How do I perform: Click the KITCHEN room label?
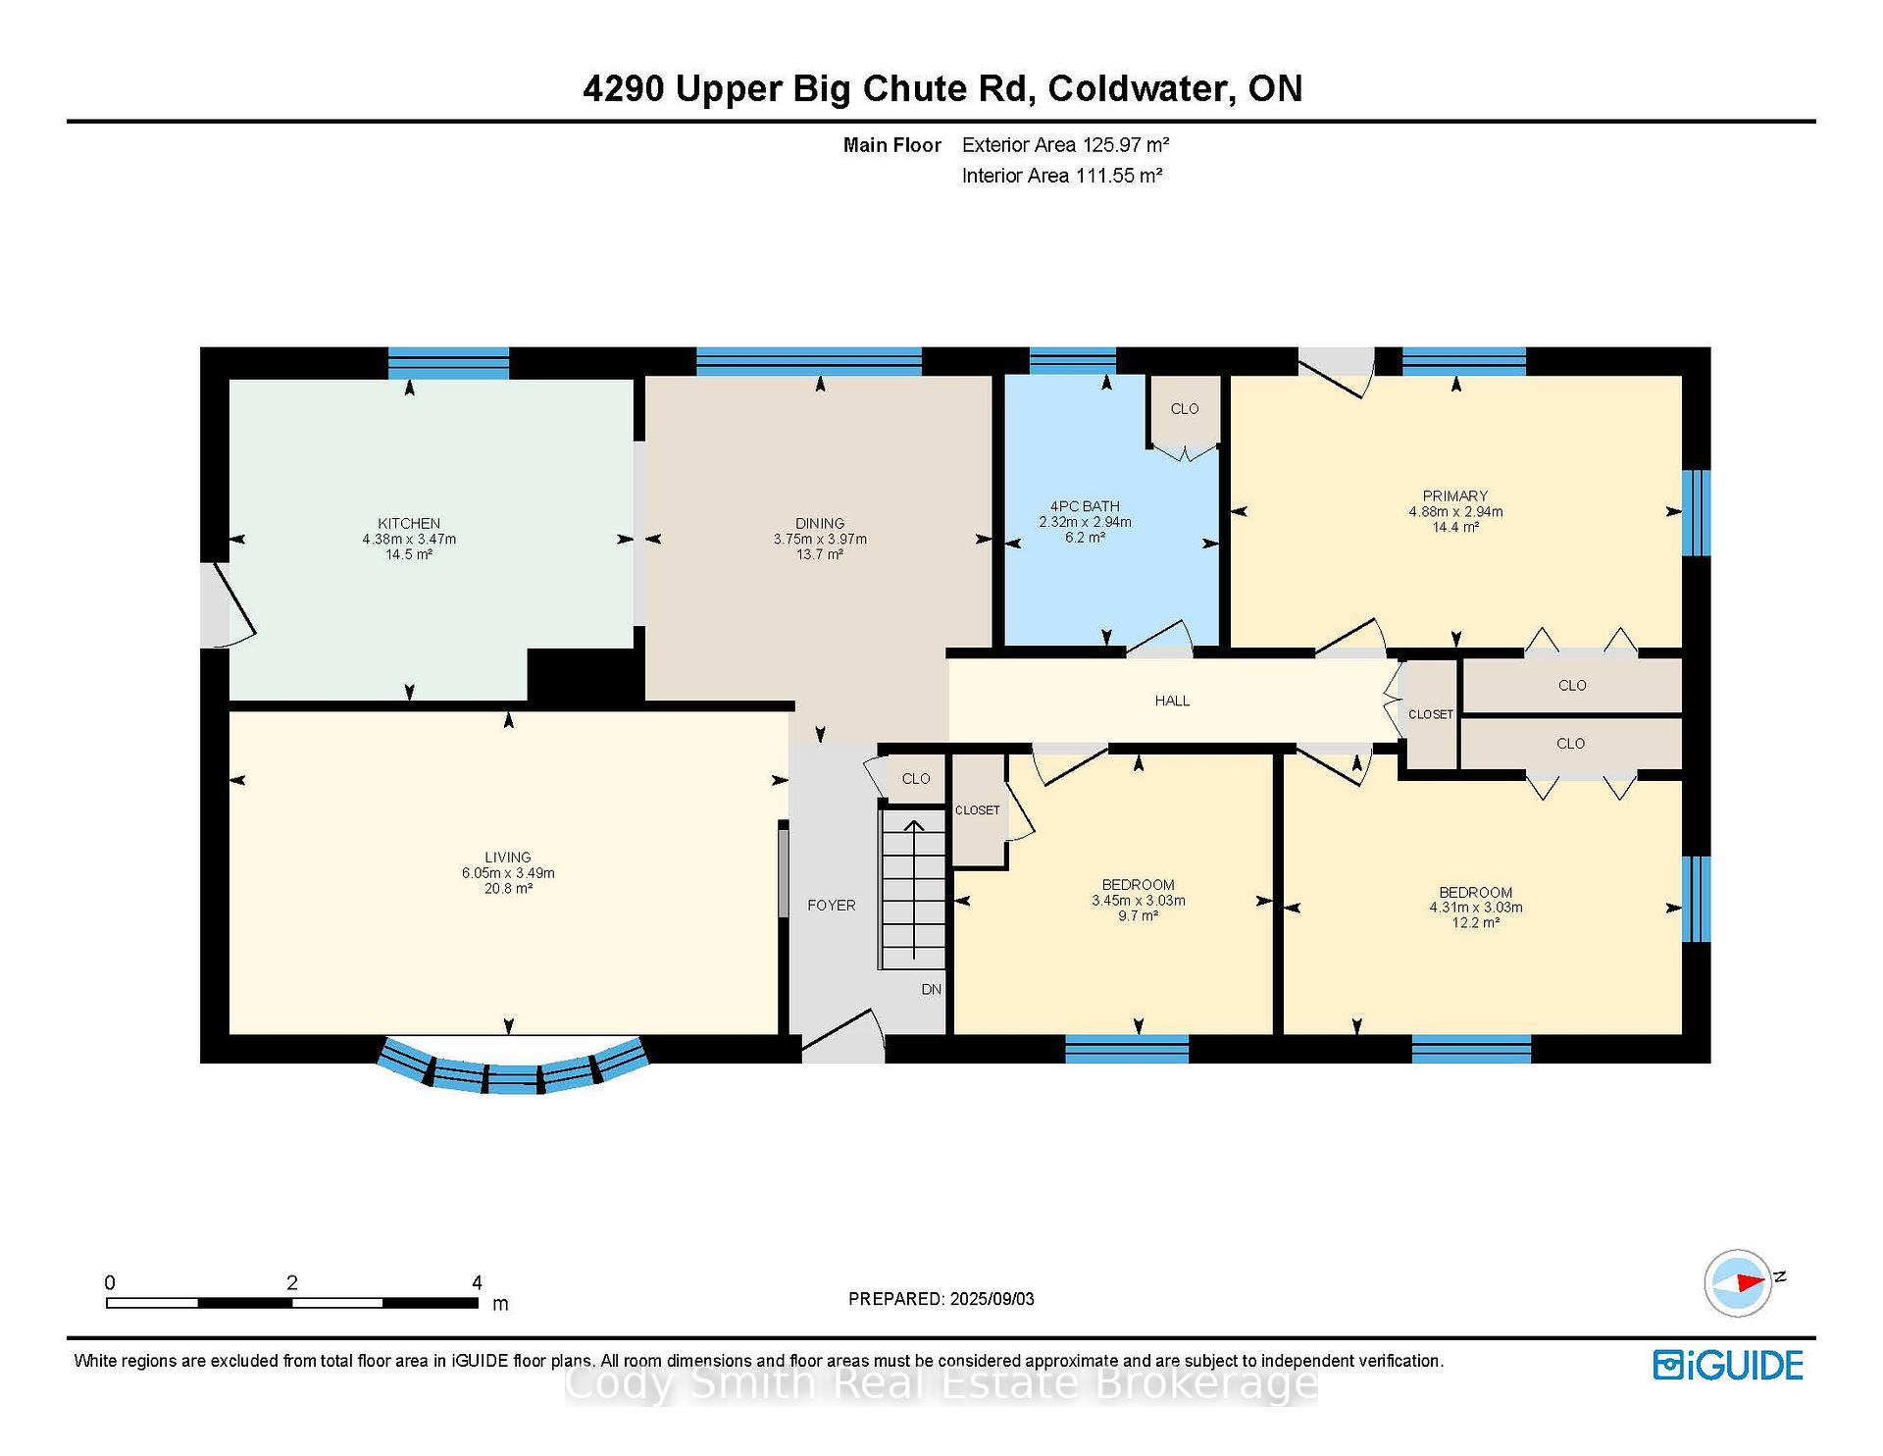click(409, 523)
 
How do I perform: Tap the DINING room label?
click(820, 523)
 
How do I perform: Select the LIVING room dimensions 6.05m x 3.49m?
click(508, 872)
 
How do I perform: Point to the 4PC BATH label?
click(1085, 506)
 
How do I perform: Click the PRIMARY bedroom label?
click(1455, 495)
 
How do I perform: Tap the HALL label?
click(1172, 701)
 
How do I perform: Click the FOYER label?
click(832, 905)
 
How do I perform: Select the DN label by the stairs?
click(932, 989)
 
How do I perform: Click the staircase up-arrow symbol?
click(913, 889)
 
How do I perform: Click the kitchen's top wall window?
click(448, 363)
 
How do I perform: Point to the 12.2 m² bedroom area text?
click(1476, 923)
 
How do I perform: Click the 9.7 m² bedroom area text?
click(1139, 915)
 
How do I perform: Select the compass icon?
click(1739, 1282)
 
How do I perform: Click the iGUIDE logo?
click(1728, 1365)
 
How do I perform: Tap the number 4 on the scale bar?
click(477, 1282)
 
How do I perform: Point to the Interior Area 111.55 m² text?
click(1062, 176)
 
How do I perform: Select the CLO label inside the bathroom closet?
click(1185, 408)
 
